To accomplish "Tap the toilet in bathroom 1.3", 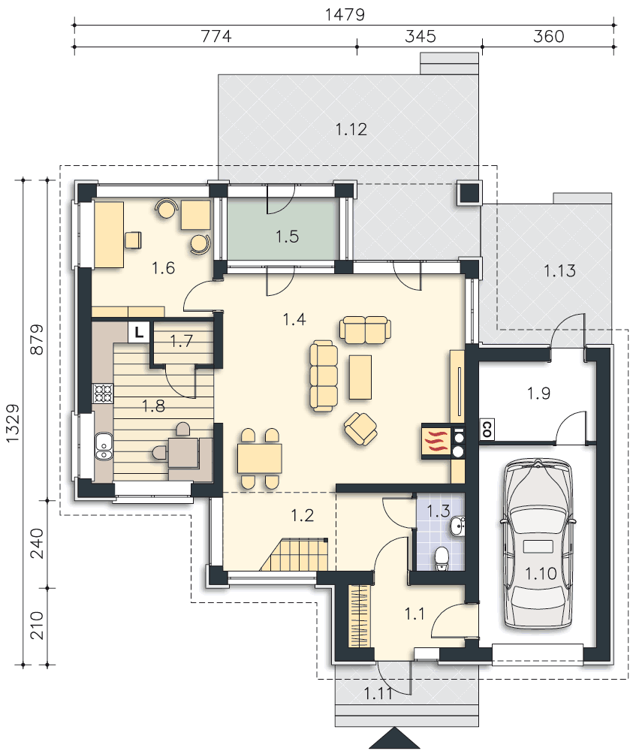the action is (441, 559).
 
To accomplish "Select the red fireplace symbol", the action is (436, 442).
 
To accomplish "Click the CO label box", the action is (486, 429).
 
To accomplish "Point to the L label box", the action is (139, 331).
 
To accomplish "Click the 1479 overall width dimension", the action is (345, 15).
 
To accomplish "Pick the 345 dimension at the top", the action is (420, 36).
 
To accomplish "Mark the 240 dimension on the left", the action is (37, 543).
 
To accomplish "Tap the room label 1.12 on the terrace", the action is (351, 129).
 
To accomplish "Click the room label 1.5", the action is (288, 236).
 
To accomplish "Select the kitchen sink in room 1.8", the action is (104, 446).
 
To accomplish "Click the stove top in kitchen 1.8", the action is (104, 394).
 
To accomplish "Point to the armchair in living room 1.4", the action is (360, 428).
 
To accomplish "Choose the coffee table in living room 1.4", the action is (360, 377).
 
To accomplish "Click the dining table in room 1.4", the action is (260, 459).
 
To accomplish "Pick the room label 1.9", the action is (538, 394).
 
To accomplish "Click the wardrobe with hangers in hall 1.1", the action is (360, 616).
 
